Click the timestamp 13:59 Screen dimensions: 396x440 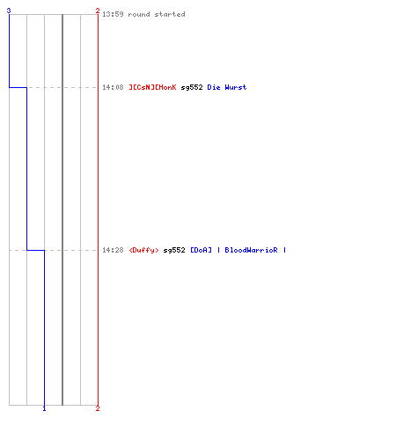113,14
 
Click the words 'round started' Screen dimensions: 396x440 157,14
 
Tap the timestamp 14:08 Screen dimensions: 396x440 113,87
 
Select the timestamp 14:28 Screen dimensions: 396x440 113,250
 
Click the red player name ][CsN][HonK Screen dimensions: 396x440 153,87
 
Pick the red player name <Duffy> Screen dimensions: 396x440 143,250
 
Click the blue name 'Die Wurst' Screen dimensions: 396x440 227,87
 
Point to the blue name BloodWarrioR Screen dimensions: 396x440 251,250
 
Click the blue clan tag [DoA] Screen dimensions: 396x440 201,250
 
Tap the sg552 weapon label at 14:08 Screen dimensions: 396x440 192,87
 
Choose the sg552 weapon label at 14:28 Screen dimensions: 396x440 174,250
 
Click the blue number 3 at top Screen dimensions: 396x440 9,11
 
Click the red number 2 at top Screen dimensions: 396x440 98,11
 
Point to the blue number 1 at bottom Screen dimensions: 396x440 44,408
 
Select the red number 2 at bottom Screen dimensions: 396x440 98,408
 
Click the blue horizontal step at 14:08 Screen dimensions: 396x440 18,87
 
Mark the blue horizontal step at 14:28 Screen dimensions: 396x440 35,250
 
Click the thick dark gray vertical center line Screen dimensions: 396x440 62,209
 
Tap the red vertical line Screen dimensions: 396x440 98,209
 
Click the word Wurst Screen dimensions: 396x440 236,87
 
